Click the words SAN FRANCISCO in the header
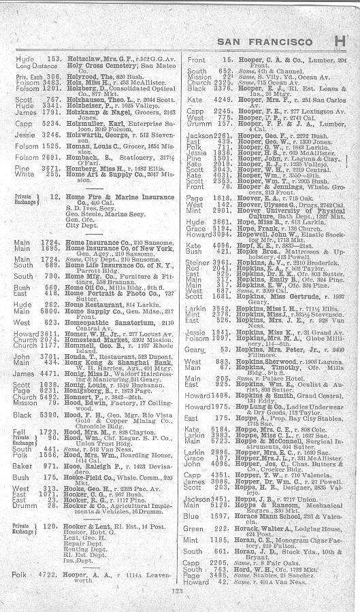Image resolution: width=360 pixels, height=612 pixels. pyautogui.click(x=272, y=42)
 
